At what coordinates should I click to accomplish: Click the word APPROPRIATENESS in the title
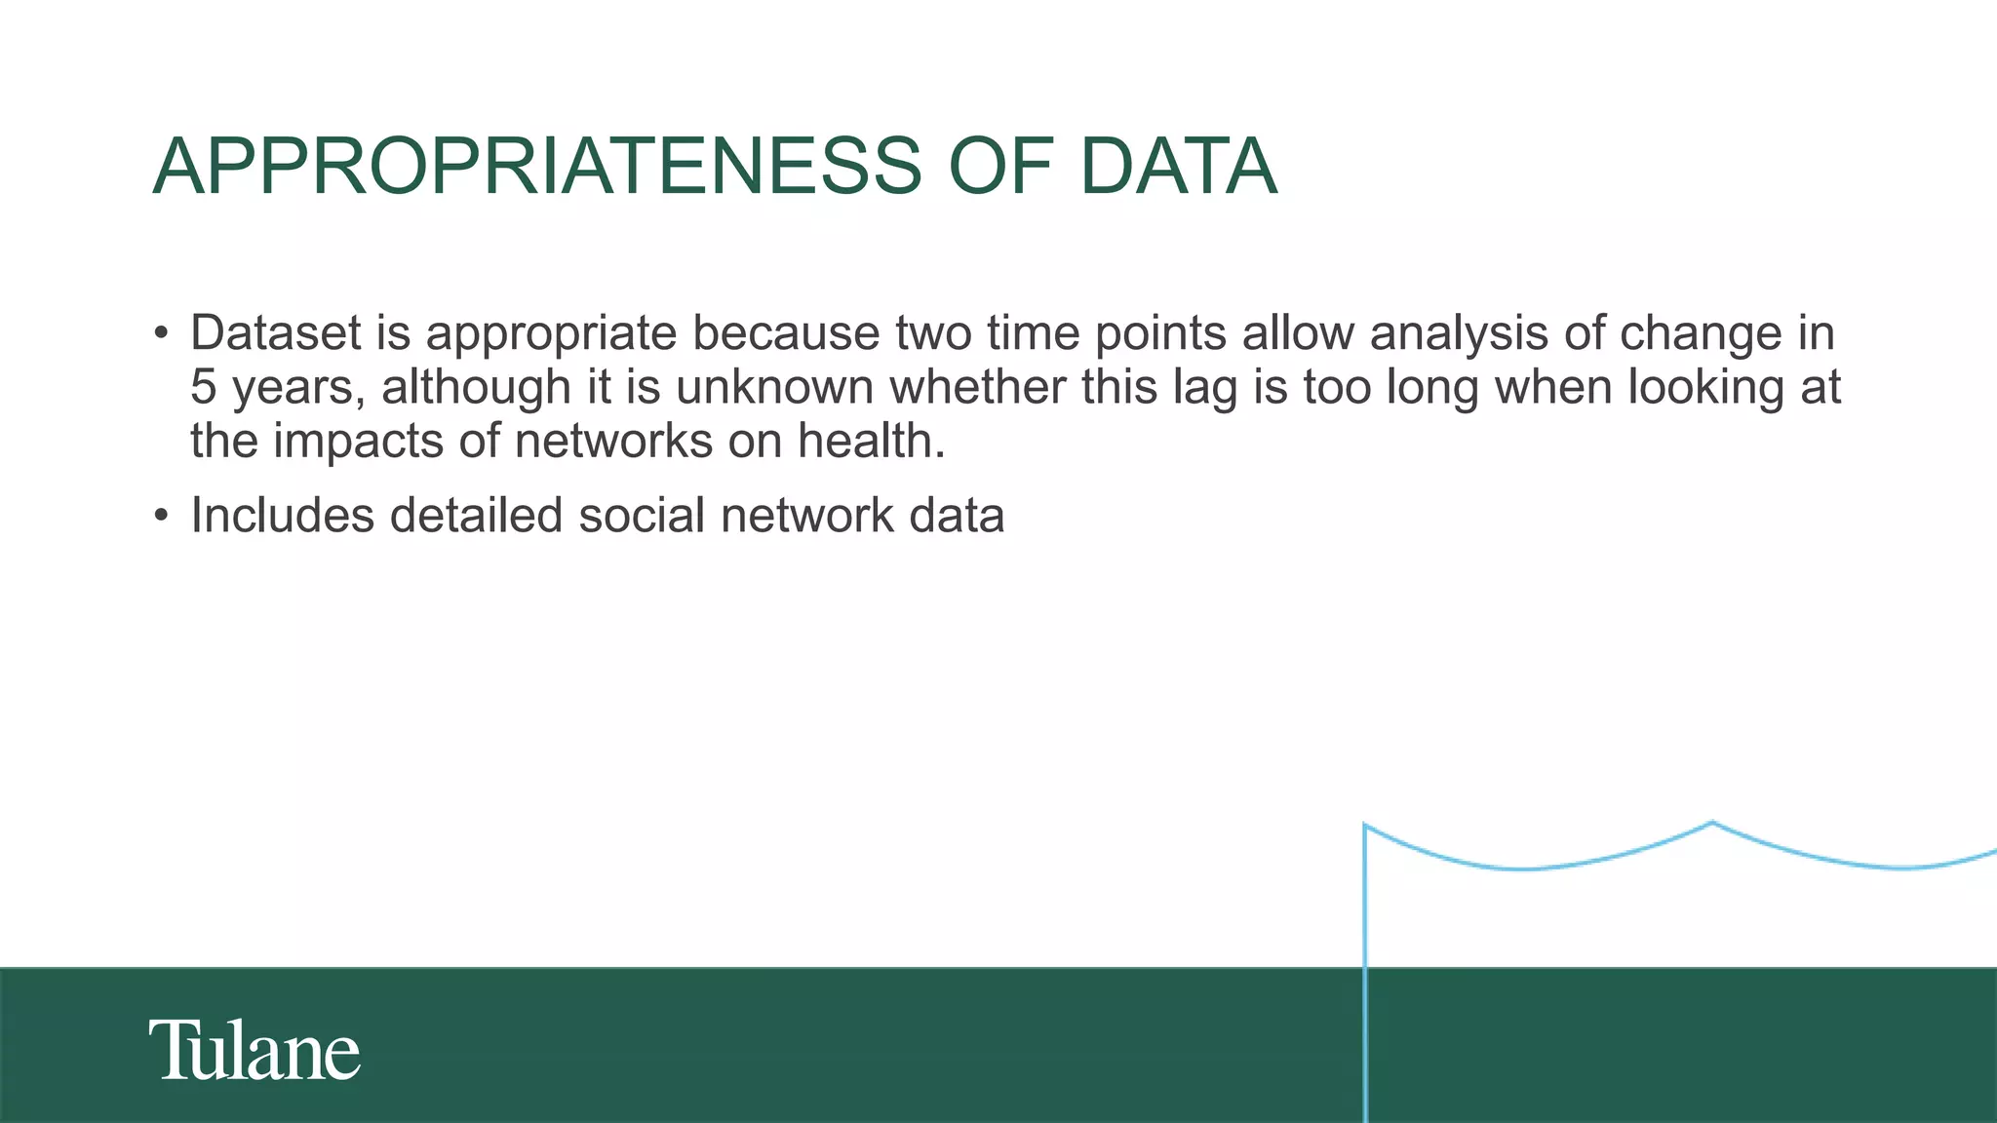pyautogui.click(x=537, y=167)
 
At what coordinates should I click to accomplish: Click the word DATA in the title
pyautogui.click(x=1178, y=167)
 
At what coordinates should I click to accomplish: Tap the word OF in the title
pyautogui.click(x=1000, y=167)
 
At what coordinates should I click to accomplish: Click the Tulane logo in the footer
pyautogui.click(x=255, y=1050)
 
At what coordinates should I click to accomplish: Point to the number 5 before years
pyautogui.click(x=203, y=387)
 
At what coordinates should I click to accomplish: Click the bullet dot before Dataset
pyautogui.click(x=162, y=333)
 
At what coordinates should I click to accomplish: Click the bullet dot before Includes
pyautogui.click(x=162, y=516)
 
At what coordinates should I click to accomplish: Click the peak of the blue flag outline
pyautogui.click(x=1712, y=823)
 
